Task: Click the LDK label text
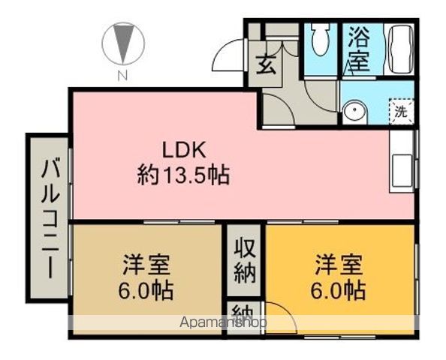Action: [181, 148]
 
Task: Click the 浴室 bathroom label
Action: [359, 49]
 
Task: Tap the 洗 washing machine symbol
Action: [401, 112]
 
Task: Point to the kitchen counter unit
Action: [402, 161]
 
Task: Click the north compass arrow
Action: [122, 43]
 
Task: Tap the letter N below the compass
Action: [122, 74]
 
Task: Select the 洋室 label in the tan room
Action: [146, 265]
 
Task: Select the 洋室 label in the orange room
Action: [339, 265]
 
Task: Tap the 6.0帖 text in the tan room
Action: [148, 290]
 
